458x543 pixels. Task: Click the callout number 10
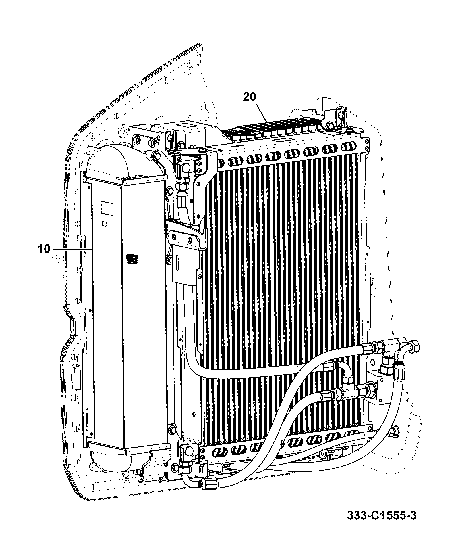pyautogui.click(x=43, y=249)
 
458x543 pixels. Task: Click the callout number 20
pyautogui.click(x=249, y=97)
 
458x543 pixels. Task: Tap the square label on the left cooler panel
pyautogui.click(x=107, y=208)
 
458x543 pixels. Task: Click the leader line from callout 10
pyautogui.click(x=71, y=249)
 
